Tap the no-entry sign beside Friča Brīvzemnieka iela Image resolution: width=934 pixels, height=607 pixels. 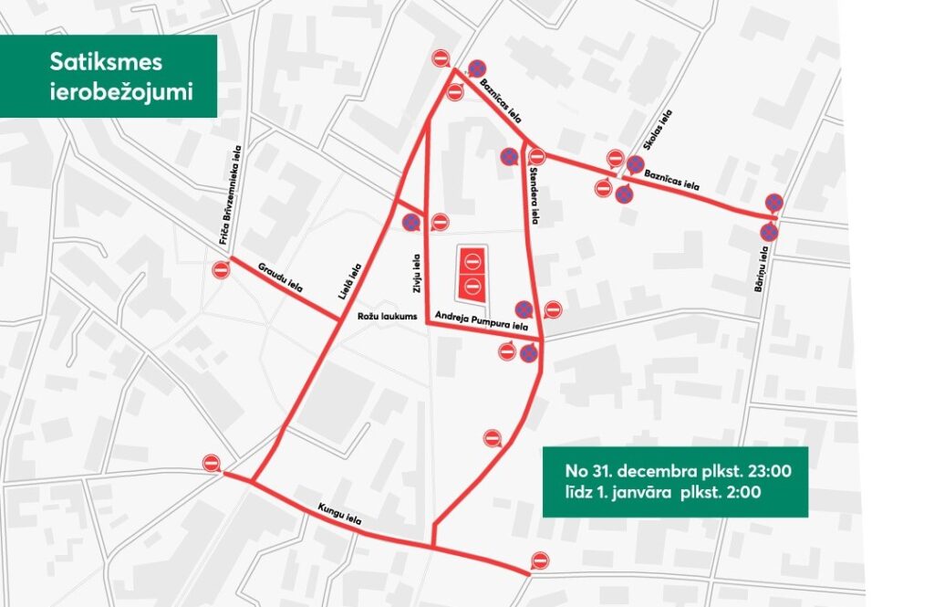tap(221, 269)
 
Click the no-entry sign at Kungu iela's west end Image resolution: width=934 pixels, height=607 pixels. tap(212, 464)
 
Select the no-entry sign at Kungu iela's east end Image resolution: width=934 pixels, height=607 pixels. tap(540, 560)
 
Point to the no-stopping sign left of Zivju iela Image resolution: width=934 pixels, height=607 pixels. tap(410, 222)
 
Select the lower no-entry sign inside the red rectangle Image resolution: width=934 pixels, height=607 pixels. tap(472, 286)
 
